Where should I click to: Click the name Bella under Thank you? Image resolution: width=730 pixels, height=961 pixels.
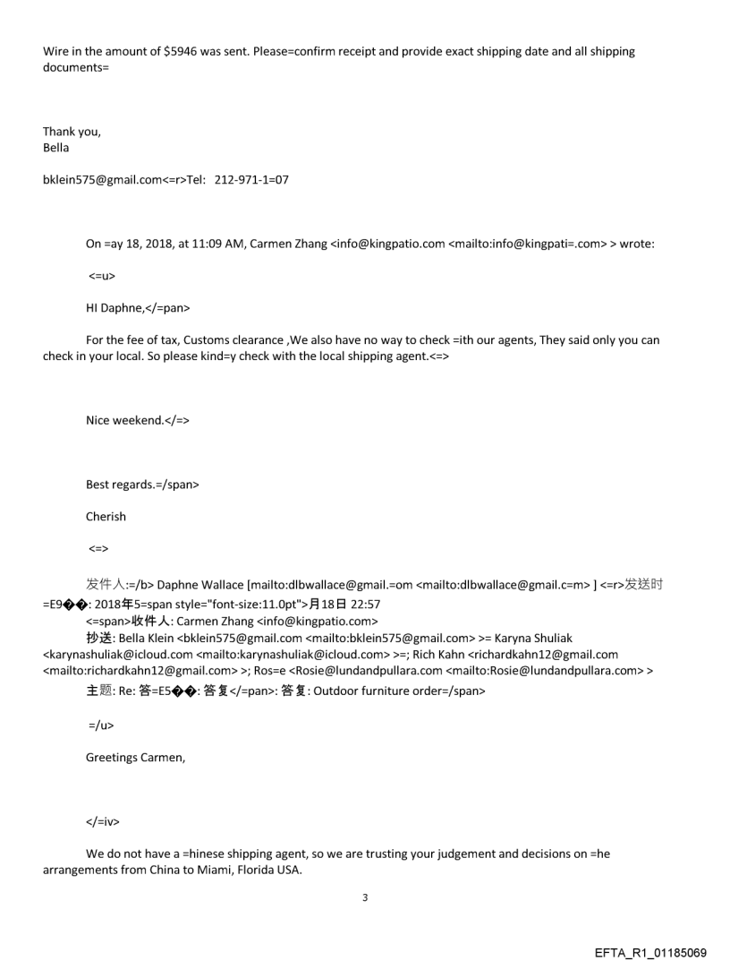55,148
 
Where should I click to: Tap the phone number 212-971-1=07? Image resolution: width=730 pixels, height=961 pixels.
251,180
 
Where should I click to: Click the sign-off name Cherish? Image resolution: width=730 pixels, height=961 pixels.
106,517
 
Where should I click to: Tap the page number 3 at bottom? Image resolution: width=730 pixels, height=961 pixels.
364,897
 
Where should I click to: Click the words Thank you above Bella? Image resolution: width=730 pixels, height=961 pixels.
72,132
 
